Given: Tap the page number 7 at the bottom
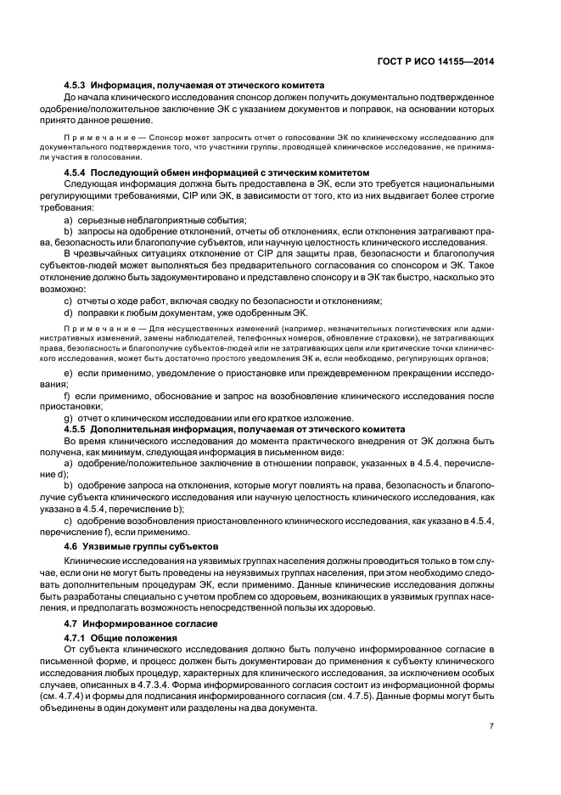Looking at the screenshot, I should pyautogui.click(x=491, y=727).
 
